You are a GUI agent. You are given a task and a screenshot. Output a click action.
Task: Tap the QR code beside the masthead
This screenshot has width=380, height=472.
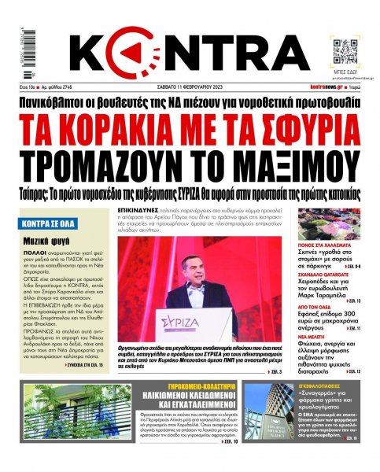pyautogui.click(x=346, y=49)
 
